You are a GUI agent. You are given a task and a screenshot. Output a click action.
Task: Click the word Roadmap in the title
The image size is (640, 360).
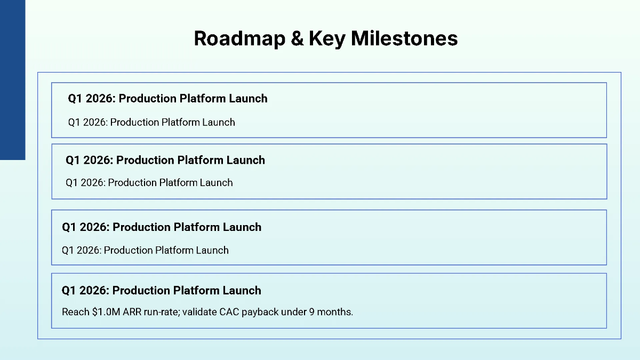coord(239,38)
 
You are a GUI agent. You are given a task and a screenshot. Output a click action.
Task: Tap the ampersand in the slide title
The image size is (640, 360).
coord(297,38)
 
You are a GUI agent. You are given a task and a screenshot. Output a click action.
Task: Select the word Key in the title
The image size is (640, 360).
coord(327,39)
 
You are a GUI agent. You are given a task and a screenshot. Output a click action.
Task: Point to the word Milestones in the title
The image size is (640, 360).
coord(404,38)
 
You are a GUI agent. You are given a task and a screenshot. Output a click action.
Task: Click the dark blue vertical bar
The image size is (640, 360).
coord(13,79)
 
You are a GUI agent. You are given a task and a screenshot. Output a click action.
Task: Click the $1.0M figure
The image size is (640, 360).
coord(106,311)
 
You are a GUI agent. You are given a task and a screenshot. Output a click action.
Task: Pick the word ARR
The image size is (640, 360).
coord(132,312)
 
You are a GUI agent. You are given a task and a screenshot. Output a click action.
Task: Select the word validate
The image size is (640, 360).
coord(199,311)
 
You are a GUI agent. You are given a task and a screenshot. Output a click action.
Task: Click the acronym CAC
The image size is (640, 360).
coord(229,312)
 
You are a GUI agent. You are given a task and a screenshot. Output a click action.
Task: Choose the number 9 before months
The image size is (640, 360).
coord(311,312)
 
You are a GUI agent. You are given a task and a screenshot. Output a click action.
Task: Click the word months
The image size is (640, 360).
coord(335,312)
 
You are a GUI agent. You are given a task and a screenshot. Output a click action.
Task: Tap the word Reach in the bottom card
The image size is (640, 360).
coord(76,312)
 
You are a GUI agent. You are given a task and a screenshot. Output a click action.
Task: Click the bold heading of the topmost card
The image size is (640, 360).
coord(167,99)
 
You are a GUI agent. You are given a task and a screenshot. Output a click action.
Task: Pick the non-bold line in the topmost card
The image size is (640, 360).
coord(151,122)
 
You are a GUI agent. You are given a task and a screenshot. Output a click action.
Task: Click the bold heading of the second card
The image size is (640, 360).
coord(165,161)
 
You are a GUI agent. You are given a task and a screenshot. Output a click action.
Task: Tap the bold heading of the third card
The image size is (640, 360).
coord(162,227)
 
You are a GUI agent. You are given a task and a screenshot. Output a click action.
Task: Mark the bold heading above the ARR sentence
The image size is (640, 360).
coord(162,291)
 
